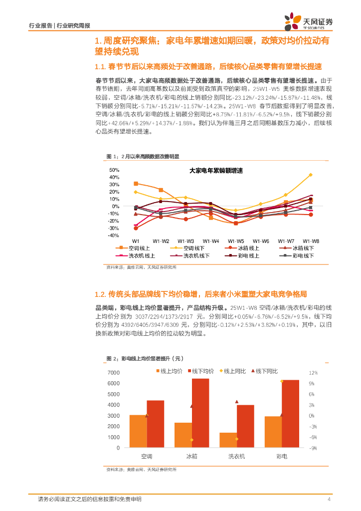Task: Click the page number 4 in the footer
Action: (330, 500)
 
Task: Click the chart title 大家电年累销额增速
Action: (216, 171)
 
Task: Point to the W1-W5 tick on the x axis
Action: (236, 241)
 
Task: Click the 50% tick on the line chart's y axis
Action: (115, 170)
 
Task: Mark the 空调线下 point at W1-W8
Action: (311, 175)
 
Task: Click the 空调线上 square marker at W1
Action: (136, 184)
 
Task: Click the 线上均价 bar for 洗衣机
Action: (228, 440)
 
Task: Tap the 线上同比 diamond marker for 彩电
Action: (282, 381)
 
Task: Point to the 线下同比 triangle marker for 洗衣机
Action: (237, 401)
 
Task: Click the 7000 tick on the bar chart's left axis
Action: (113, 373)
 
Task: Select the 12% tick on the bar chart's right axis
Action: (313, 373)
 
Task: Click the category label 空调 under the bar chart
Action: (147, 456)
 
